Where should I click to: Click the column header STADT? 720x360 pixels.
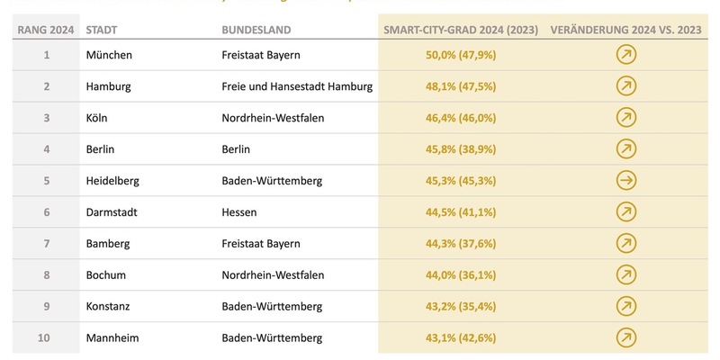[102, 30]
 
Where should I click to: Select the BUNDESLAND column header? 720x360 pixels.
[256, 30]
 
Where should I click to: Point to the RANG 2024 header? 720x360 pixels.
[45, 30]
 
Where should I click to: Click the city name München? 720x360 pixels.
[109, 55]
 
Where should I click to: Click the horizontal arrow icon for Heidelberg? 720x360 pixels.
[625, 181]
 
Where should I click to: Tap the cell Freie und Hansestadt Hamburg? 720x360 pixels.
[297, 86]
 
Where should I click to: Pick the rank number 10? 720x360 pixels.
[46, 337]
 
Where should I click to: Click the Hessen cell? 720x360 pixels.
[239, 211]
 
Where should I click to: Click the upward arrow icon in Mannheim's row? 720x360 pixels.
[625, 337]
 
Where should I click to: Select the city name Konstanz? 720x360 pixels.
[108, 306]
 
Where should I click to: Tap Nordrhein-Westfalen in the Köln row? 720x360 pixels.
[273, 118]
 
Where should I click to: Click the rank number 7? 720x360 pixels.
[46, 243]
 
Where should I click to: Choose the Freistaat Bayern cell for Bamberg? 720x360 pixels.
[261, 243]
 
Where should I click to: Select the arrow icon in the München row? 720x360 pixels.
[625, 56]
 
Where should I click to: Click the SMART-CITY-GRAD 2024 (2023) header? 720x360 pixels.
[461, 30]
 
